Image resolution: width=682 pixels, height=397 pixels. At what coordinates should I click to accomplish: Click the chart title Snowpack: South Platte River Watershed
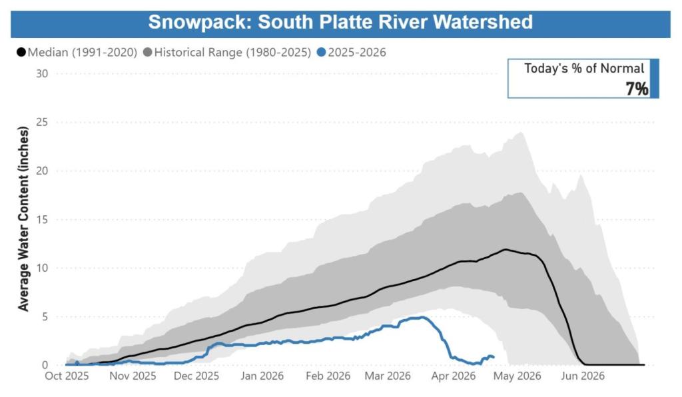click(x=340, y=21)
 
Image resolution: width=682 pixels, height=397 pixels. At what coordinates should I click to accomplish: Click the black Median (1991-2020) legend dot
click(x=21, y=52)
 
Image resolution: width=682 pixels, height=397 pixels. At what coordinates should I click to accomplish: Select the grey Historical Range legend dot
click(x=147, y=52)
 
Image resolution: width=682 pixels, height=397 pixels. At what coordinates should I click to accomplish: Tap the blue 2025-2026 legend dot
click(x=322, y=52)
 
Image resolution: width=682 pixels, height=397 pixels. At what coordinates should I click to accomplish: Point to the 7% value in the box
click(x=636, y=89)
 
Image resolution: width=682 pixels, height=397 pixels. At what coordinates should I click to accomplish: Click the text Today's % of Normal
click(x=583, y=69)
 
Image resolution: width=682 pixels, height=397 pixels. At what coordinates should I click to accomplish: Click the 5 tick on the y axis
click(x=45, y=316)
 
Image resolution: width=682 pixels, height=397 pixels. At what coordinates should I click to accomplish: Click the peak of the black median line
click(x=506, y=250)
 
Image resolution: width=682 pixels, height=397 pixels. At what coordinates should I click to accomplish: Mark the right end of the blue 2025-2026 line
click(x=493, y=357)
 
